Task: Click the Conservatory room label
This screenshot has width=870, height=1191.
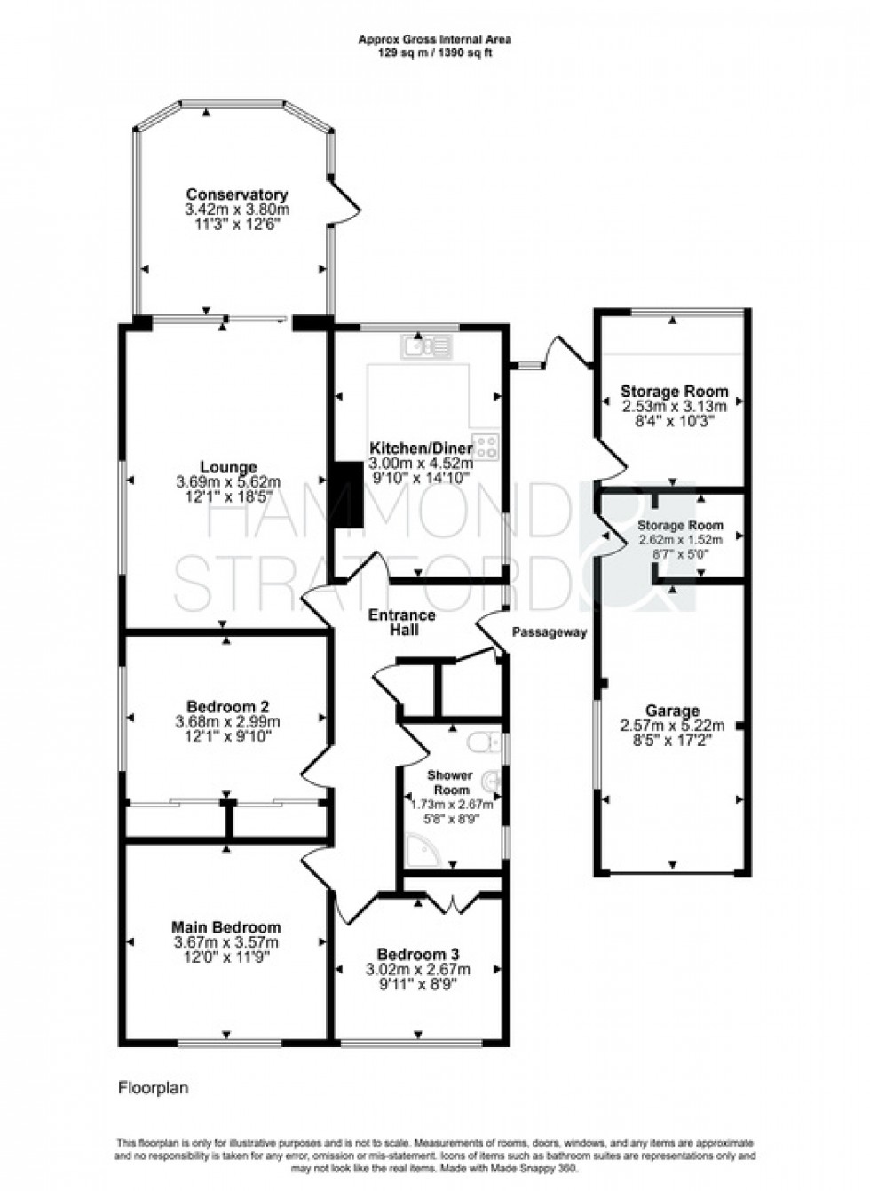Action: [x=236, y=195]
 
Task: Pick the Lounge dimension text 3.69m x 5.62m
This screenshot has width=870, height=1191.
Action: [x=228, y=482]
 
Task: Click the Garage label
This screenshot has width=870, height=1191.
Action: [x=672, y=711]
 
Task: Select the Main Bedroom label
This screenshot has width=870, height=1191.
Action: [x=225, y=927]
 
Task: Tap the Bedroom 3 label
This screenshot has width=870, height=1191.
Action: [x=417, y=955]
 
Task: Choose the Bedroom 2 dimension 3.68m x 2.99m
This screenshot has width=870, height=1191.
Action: [x=228, y=722]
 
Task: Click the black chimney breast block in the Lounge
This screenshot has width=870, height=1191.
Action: [x=348, y=495]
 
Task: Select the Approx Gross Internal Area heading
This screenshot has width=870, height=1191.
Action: [x=434, y=39]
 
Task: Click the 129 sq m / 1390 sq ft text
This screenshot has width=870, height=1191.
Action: [x=434, y=52]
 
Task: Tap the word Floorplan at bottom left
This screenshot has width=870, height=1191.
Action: [x=153, y=1087]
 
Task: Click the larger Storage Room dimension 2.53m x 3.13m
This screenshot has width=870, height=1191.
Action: [x=674, y=406]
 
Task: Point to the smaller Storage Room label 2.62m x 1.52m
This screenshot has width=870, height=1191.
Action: [x=680, y=539]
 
